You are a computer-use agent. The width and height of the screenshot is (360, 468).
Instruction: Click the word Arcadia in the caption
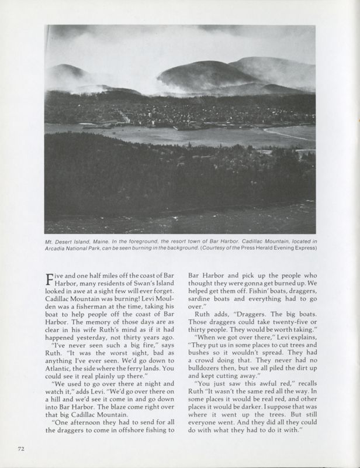58,249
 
